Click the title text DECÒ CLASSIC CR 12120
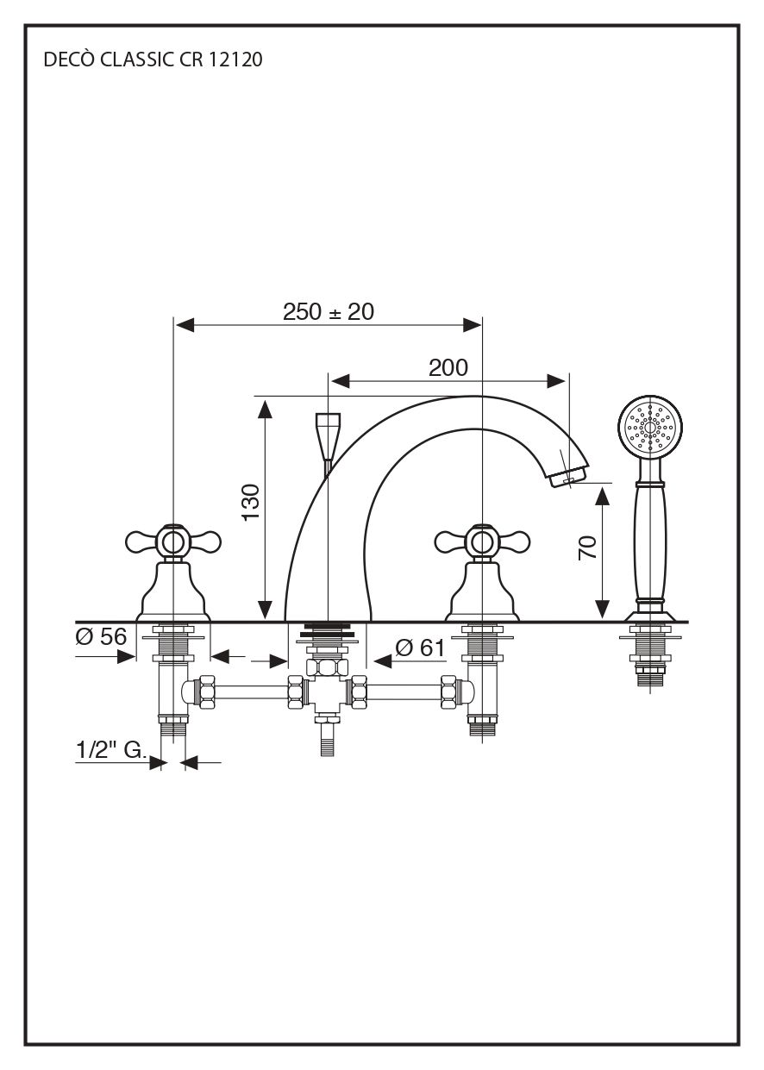(153, 60)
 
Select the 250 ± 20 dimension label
(329, 311)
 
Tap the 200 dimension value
(448, 368)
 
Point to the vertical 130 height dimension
(250, 502)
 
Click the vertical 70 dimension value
(587, 548)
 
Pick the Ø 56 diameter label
(101, 637)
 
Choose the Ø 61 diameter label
(420, 648)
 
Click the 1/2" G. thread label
(110, 750)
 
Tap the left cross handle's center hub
(173, 541)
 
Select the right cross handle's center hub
(482, 541)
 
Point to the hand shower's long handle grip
(649, 543)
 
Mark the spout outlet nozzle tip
(566, 475)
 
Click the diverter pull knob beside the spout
(328, 435)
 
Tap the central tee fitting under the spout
(327, 691)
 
